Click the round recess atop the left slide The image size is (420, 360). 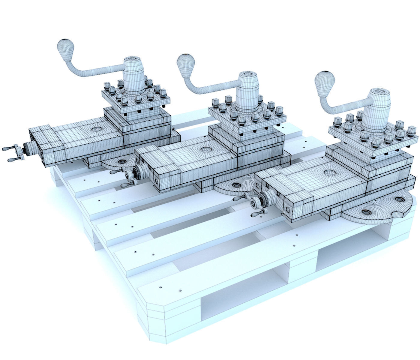(97, 129)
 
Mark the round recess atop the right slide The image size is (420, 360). (329, 172)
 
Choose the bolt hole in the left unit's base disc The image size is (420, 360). (122, 162)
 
